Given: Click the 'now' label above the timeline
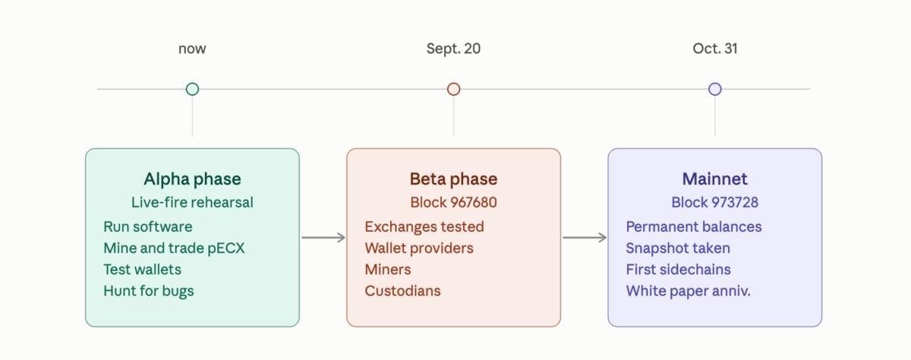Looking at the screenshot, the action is pos(192,49).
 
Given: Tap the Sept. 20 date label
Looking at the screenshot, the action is pos(453,49).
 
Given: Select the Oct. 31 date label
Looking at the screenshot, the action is pos(715,49).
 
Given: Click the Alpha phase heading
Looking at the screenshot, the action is pos(192,179).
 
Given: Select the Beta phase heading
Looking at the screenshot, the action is pos(453,179).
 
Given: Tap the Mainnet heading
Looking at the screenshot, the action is pos(715,179).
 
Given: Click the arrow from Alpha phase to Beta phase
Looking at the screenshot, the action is pos(323,238).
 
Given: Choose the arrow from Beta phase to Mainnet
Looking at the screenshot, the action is pos(585,238).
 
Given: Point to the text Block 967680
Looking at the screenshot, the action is pos(453,202).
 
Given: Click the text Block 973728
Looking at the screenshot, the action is pos(715,202).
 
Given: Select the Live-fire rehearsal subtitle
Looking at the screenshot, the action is pos(192,202).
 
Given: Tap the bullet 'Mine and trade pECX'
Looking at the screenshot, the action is pos(174,248).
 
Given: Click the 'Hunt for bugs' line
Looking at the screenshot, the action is pos(149,291).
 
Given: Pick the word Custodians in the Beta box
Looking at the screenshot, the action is pos(402,291).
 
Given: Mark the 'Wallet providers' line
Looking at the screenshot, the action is pos(419,248).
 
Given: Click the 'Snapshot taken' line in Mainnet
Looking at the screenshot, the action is pos(678,248).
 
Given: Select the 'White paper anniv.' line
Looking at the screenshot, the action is pos(688,291).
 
